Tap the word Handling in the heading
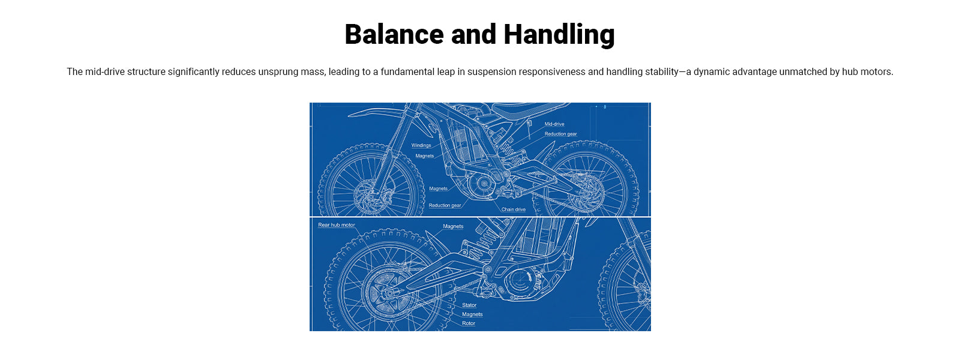point(559,35)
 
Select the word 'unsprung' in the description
point(278,72)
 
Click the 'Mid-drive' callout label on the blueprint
point(554,124)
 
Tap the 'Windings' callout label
point(421,145)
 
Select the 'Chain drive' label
point(514,209)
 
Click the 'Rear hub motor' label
point(337,225)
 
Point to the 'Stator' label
point(469,305)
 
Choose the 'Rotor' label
point(469,323)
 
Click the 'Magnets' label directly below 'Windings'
point(425,156)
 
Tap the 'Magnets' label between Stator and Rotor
point(472,314)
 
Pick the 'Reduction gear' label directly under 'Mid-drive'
point(560,134)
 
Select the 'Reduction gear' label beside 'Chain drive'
point(445,205)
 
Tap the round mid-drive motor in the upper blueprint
point(482,184)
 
